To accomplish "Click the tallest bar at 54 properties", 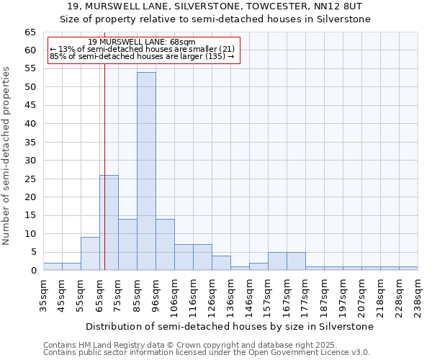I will [x=146, y=171].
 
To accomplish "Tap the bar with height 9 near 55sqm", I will [x=90, y=253].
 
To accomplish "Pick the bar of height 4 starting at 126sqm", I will [x=221, y=263].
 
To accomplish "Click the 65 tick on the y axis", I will [x=30, y=32].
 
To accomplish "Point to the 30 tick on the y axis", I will [x=30, y=161].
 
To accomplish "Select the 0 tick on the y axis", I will [x=33, y=271].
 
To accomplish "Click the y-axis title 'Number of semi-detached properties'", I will [x=6, y=156].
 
